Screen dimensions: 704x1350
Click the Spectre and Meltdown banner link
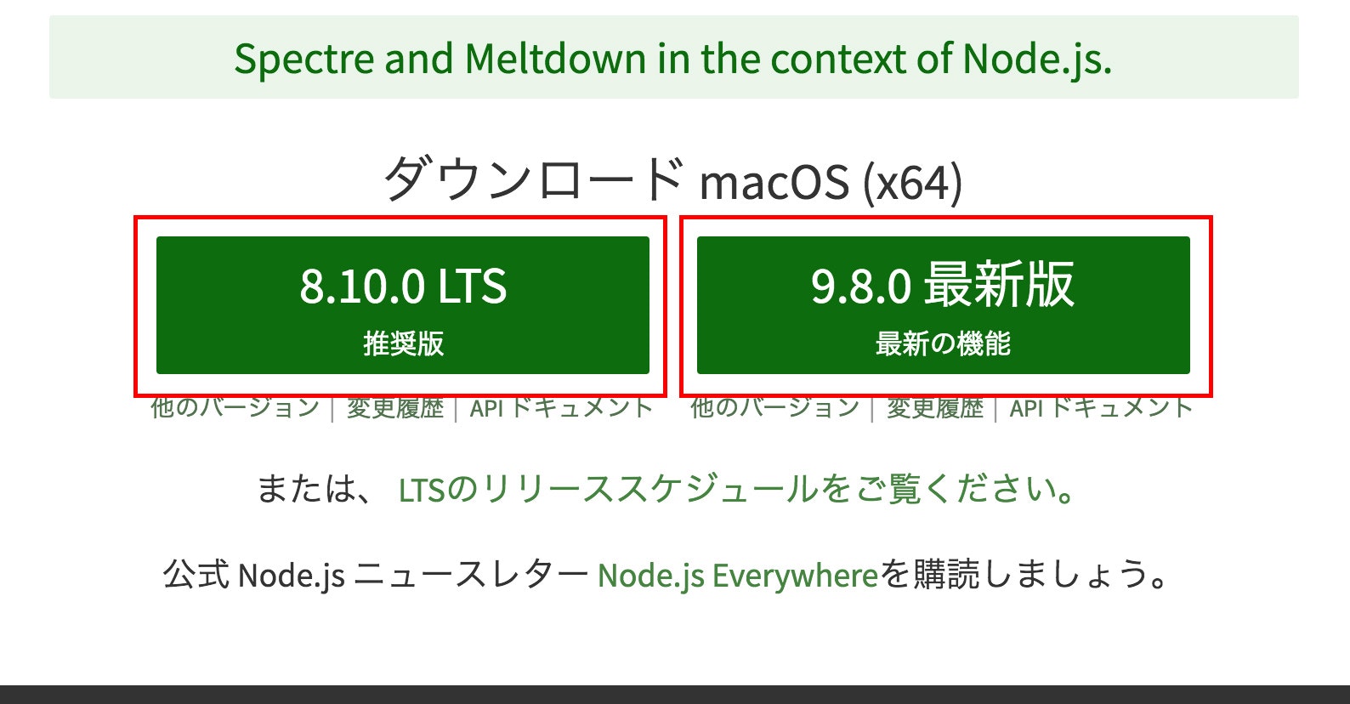click(672, 59)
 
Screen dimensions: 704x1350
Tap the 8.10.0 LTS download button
click(402, 304)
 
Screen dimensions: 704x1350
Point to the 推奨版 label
click(403, 343)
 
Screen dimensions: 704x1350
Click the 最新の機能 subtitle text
click(943, 343)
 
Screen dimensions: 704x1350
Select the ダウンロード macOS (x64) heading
click(672, 180)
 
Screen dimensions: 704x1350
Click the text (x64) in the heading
click(912, 182)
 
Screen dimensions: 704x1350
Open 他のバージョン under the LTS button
click(235, 408)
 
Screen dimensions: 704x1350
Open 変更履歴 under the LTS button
click(395, 408)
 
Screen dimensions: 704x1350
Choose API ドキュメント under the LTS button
click(561, 408)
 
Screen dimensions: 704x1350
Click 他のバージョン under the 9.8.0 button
click(775, 408)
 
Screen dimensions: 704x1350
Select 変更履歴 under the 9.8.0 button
click(935, 408)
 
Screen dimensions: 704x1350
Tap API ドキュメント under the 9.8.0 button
click(1101, 408)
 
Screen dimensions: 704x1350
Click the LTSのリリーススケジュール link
click(736, 490)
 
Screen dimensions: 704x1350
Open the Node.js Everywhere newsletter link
click(737, 576)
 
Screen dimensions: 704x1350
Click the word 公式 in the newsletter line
click(196, 576)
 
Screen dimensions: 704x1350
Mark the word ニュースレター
click(471, 576)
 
